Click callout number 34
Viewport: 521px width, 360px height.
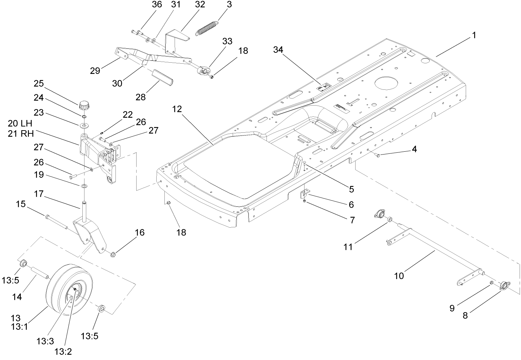click(x=278, y=50)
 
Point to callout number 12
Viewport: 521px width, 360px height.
click(x=178, y=109)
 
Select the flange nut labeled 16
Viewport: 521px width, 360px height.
click(x=113, y=254)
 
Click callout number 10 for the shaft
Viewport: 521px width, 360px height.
click(x=399, y=276)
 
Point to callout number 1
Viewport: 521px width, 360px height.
click(x=474, y=35)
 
